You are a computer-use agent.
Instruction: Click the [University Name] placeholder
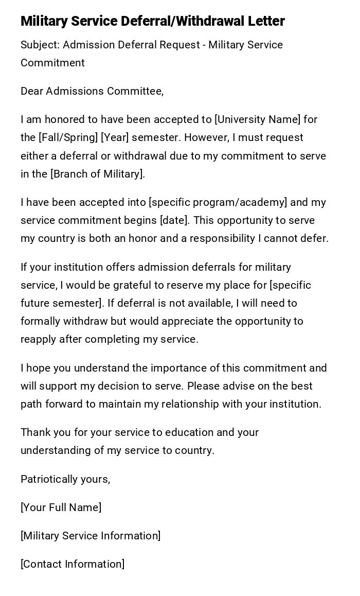pyautogui.click(x=257, y=119)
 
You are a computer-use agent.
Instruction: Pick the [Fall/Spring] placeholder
pyautogui.click(x=67, y=138)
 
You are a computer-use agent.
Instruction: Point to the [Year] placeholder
pyautogui.click(x=115, y=138)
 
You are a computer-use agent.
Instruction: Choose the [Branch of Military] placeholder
pyautogui.click(x=98, y=174)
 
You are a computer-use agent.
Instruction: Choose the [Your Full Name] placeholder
pyautogui.click(x=61, y=507)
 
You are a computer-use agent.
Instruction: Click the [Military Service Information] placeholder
pyautogui.click(x=91, y=536)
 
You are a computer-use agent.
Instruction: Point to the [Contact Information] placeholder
pyautogui.click(x=73, y=564)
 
